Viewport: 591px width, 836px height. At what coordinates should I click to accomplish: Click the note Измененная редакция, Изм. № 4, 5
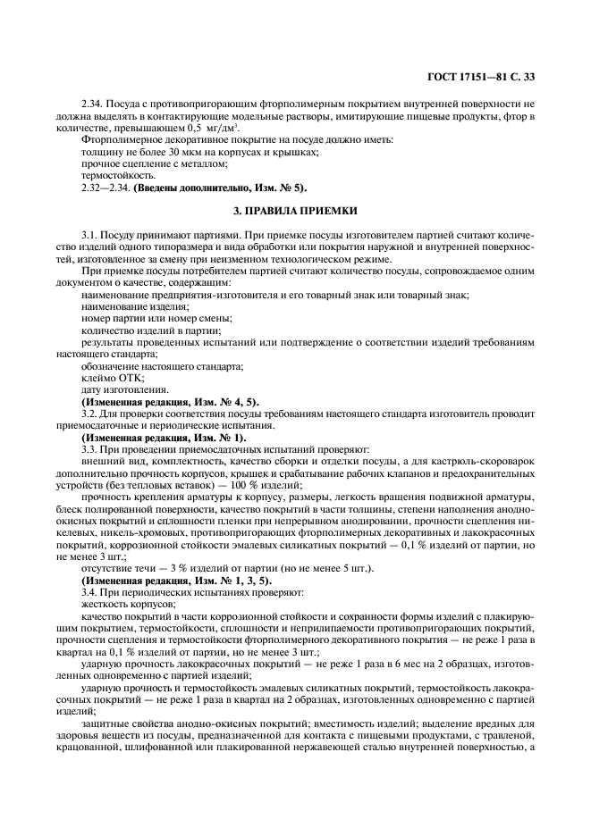[170, 402]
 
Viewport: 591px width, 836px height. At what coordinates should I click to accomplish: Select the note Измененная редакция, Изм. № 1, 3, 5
[176, 580]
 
